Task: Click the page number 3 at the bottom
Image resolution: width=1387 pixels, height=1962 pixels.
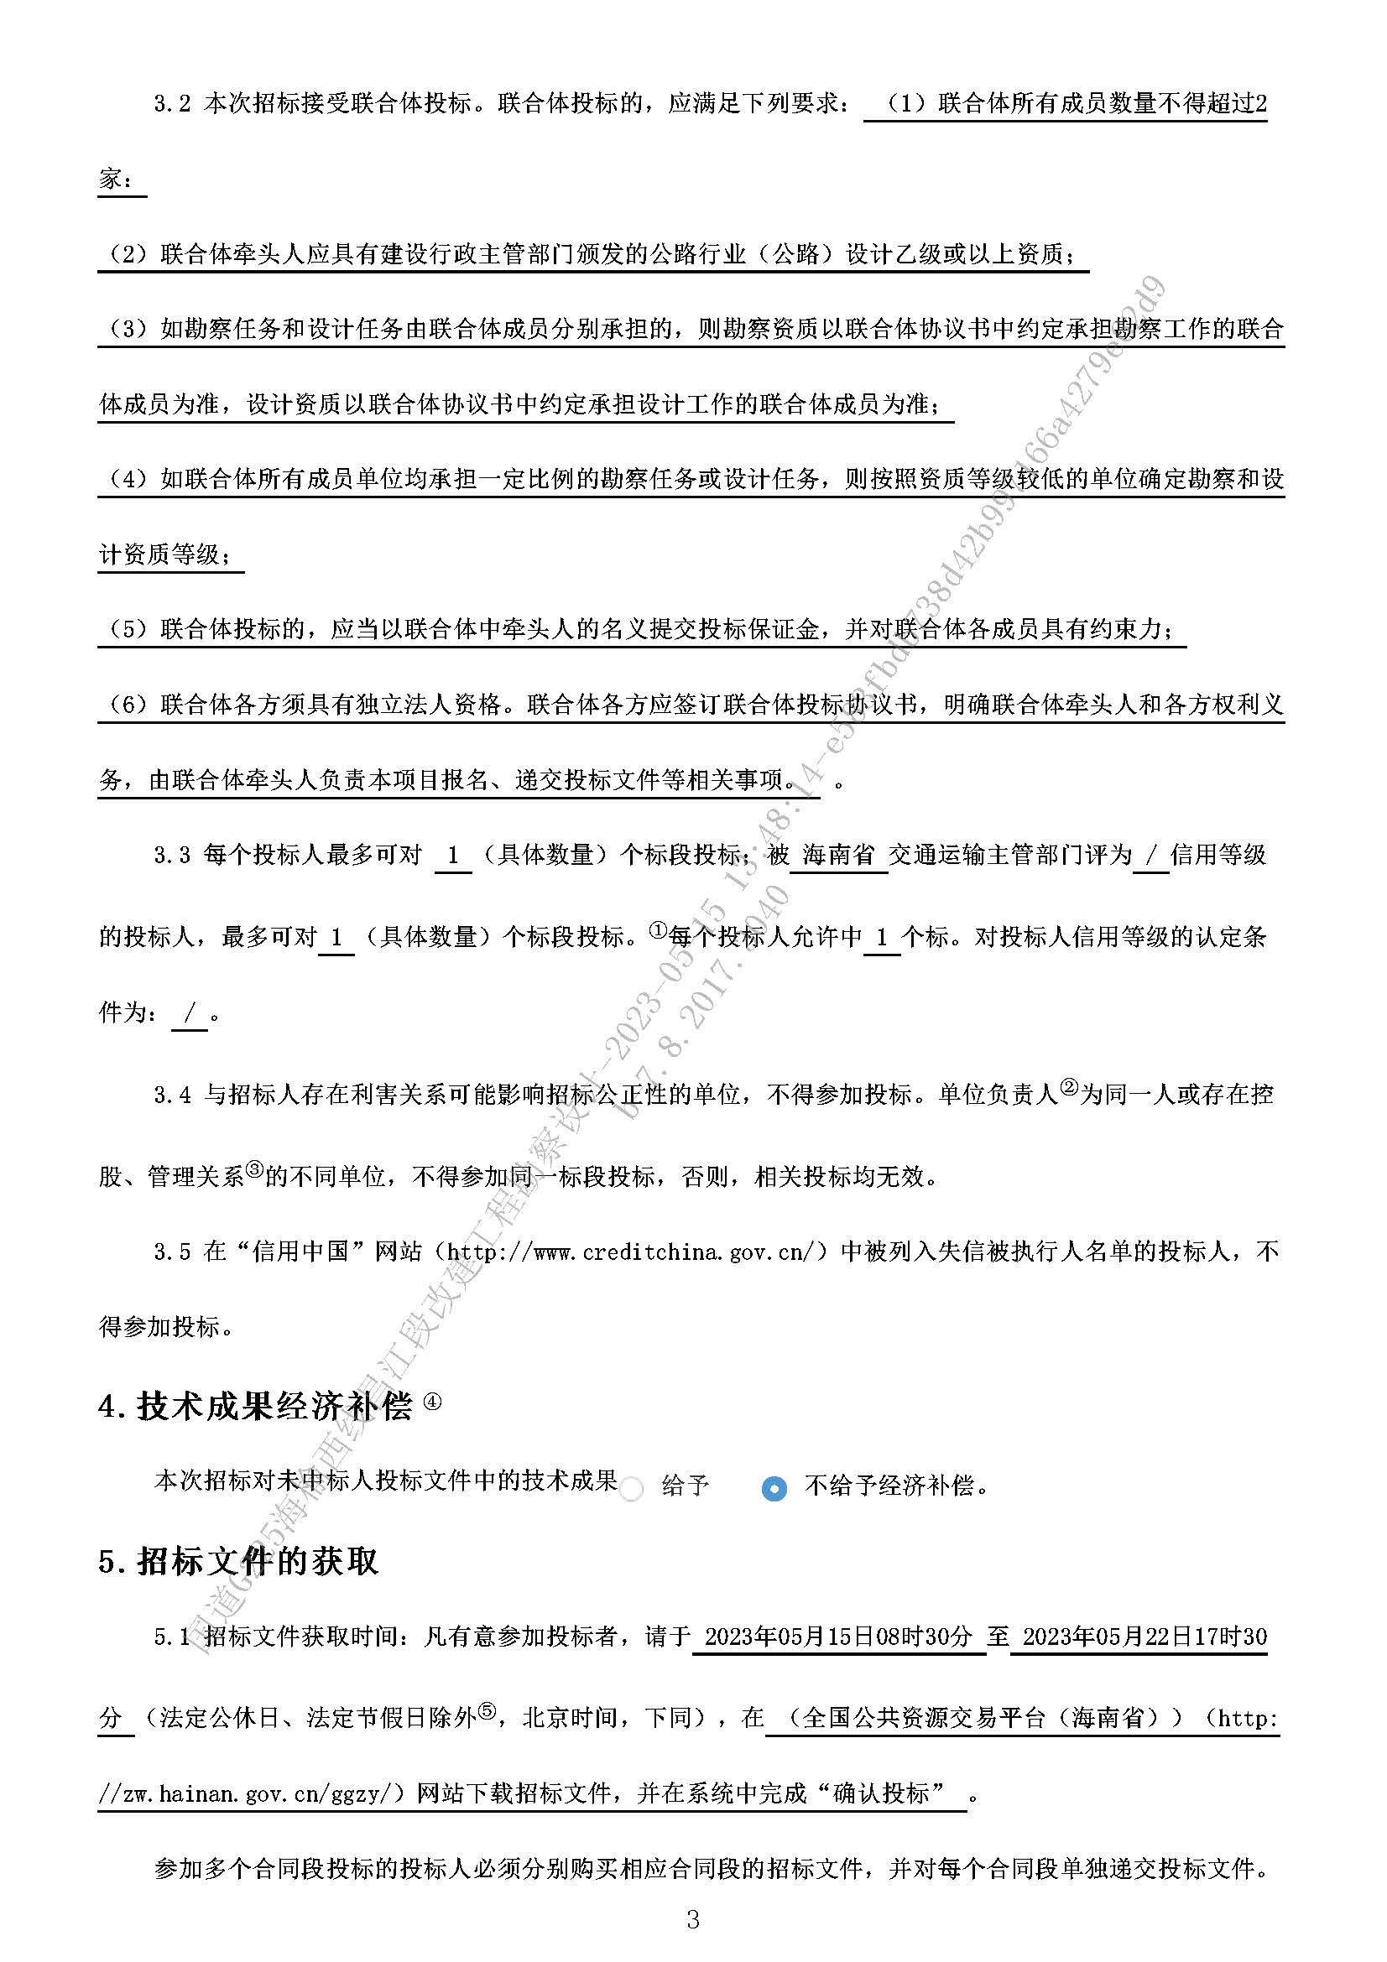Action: coord(693,1920)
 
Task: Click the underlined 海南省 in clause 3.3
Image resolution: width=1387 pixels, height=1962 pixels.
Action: coord(838,855)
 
